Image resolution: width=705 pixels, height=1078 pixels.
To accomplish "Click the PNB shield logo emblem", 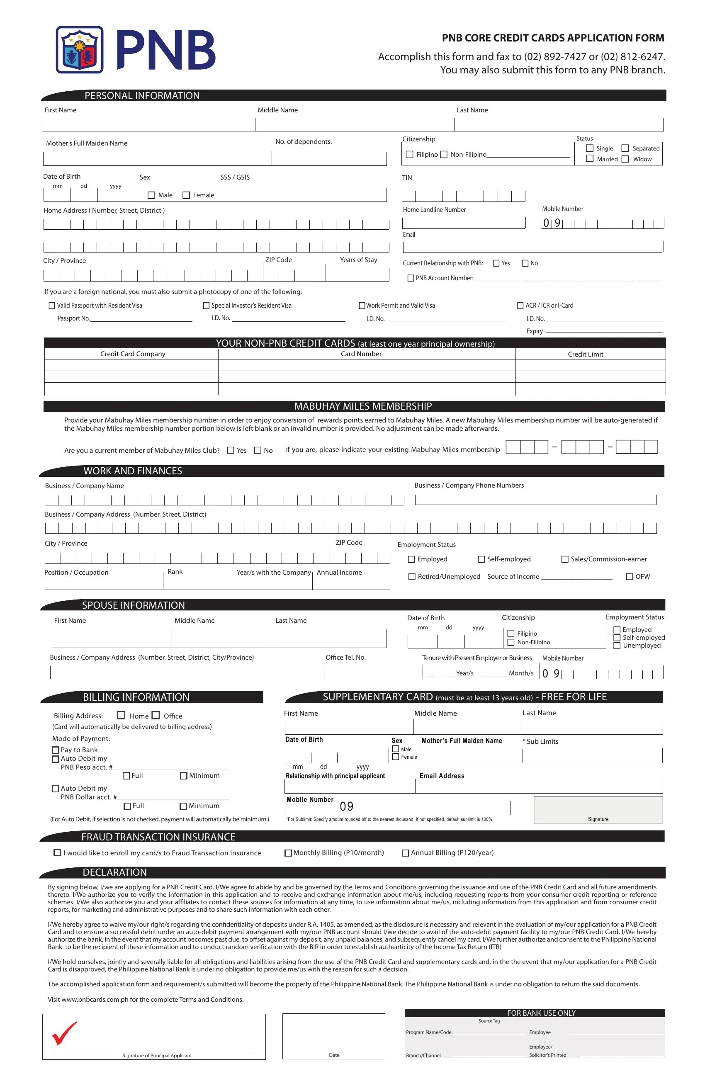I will (80, 50).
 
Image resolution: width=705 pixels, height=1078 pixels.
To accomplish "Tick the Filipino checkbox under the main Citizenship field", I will (410, 155).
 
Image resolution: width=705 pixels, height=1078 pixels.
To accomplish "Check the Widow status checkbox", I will (625, 159).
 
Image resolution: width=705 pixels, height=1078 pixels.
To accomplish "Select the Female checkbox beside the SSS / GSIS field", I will (186, 195).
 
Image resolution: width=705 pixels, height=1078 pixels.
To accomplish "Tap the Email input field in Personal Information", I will (532, 246).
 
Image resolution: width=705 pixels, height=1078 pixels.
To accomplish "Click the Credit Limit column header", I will (586, 354).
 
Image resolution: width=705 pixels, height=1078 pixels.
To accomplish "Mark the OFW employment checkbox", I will (630, 577).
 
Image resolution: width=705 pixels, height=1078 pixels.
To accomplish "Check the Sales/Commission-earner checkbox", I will (565, 559).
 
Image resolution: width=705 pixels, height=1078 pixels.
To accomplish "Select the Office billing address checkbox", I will (156, 715).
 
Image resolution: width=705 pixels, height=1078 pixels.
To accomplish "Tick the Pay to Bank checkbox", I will (56, 750).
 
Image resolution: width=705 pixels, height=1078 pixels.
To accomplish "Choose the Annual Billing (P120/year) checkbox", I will (406, 853).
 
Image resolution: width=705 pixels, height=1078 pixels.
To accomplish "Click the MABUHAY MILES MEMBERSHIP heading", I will (362, 406).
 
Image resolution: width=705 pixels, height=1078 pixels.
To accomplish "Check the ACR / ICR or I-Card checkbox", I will (520, 306).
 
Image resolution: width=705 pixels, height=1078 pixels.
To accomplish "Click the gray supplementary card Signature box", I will (598, 809).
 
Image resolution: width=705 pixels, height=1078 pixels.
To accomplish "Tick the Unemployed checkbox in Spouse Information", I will (617, 646).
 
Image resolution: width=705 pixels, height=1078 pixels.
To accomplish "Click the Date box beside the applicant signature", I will (333, 1036).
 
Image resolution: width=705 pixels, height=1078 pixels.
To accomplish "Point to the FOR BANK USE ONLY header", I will (541, 1013).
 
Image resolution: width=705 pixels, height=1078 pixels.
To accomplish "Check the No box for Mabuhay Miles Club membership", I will (258, 450).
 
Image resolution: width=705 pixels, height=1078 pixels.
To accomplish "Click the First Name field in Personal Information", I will (148, 124).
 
